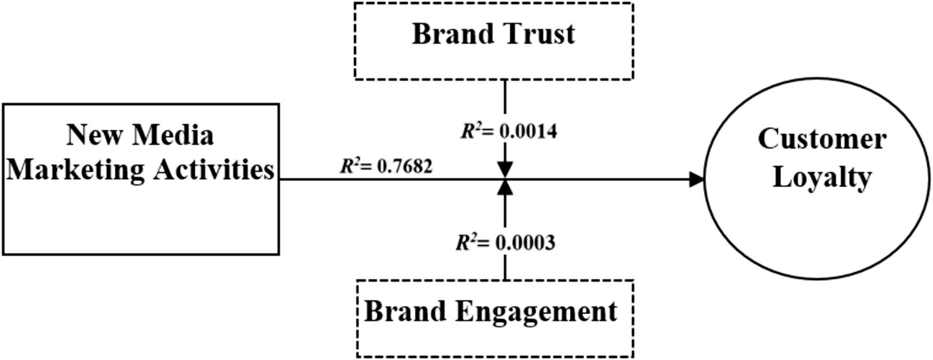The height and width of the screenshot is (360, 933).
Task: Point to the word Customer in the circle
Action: click(x=822, y=140)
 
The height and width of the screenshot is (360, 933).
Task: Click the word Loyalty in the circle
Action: click(x=822, y=178)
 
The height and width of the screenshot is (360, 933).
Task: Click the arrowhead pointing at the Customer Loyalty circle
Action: click(x=697, y=180)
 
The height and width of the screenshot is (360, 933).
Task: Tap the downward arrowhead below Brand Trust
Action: click(x=505, y=170)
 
